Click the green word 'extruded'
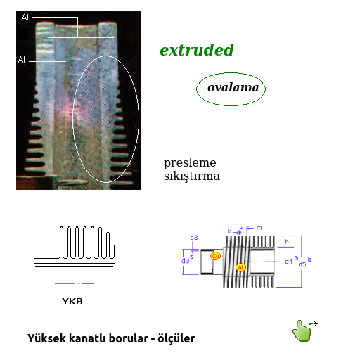(x=196, y=51)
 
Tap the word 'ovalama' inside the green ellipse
(x=233, y=89)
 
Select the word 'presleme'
(x=190, y=162)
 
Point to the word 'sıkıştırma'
(x=191, y=176)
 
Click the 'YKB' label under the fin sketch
(x=72, y=302)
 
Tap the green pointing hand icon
(x=302, y=330)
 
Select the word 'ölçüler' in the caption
(x=175, y=338)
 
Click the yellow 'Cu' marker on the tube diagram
(x=216, y=256)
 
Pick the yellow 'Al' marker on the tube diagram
(x=240, y=267)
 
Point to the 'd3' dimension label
(x=186, y=261)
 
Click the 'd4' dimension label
(x=288, y=262)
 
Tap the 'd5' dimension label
(x=302, y=264)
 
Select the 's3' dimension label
(x=194, y=238)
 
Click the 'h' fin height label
(x=287, y=242)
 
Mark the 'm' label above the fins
(x=259, y=228)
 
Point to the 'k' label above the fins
(x=229, y=231)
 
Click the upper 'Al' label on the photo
(x=25, y=16)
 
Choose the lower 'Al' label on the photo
(x=22, y=60)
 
